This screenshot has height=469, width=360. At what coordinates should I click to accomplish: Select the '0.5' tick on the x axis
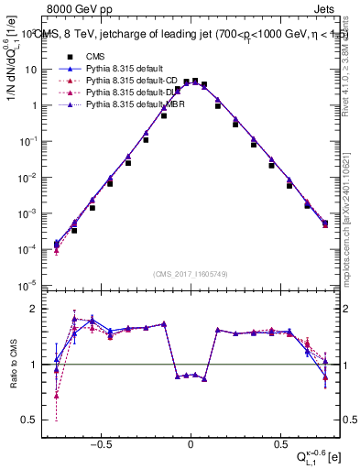278,439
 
